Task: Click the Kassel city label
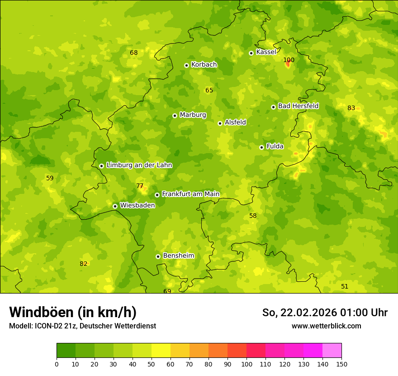click(x=266, y=52)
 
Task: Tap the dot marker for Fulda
click(x=261, y=147)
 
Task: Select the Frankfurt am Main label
click(x=190, y=194)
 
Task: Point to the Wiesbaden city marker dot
click(x=115, y=206)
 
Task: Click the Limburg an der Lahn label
click(x=139, y=165)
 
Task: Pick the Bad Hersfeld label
click(x=298, y=106)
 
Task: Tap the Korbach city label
click(x=204, y=64)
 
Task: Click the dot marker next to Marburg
click(x=175, y=116)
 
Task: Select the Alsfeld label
click(x=235, y=122)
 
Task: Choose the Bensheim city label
click(x=178, y=255)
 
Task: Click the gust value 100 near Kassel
click(x=289, y=60)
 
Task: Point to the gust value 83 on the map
click(x=351, y=108)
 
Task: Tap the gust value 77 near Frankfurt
click(x=140, y=186)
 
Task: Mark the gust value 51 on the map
click(x=345, y=286)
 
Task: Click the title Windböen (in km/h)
click(x=73, y=312)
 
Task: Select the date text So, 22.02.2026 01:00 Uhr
click(x=325, y=313)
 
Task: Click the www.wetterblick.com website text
click(x=326, y=326)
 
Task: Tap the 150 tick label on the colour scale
click(x=341, y=364)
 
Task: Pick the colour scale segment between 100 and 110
click(x=256, y=351)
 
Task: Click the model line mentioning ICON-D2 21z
click(x=82, y=326)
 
